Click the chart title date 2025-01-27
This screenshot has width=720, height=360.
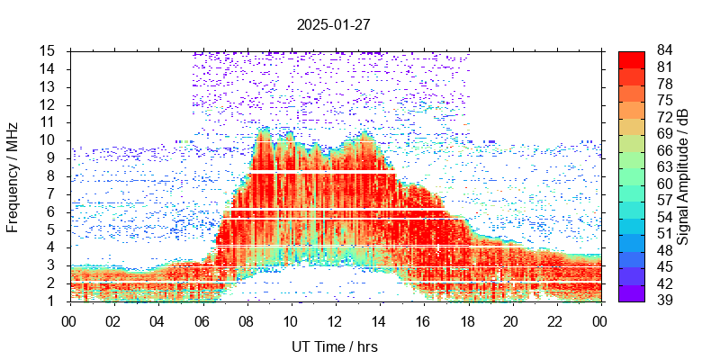point(333,24)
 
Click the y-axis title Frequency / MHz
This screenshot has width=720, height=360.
point(13,176)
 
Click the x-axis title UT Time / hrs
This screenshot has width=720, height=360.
point(334,346)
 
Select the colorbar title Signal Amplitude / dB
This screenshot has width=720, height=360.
point(683,176)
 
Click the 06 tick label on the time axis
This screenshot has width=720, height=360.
point(202,320)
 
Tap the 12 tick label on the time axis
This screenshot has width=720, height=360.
point(335,320)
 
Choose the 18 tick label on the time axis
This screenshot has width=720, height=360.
point(467,320)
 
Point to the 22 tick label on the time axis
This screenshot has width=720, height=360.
point(555,320)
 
